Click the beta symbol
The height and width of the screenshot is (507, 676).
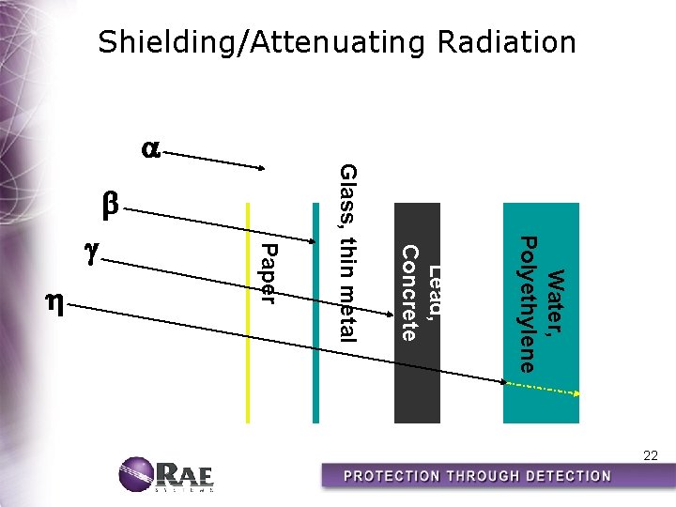[111, 204]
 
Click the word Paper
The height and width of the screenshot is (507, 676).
[269, 273]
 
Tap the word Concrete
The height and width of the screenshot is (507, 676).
[409, 292]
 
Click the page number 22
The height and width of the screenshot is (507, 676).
[650, 455]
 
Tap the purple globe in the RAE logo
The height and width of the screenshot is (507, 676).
[136, 474]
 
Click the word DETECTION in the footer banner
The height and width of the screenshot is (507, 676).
[560, 475]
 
